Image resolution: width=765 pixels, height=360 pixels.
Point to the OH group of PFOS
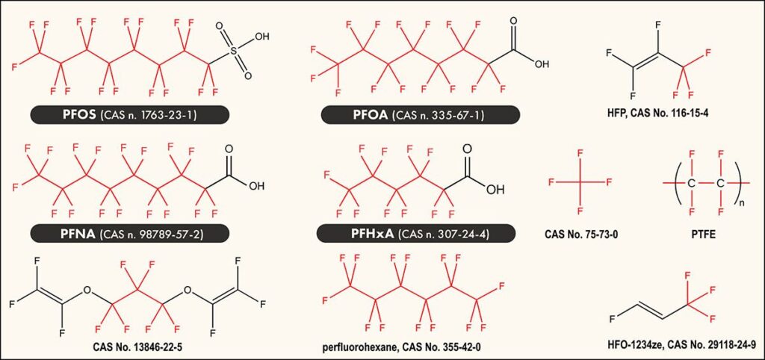(x=262, y=36)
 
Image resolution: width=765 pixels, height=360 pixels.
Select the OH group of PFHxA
(x=495, y=189)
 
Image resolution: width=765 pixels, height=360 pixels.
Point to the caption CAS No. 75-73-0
(x=580, y=234)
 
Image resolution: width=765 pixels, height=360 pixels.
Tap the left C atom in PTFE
(x=691, y=183)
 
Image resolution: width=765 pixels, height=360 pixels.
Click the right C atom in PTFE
(x=721, y=183)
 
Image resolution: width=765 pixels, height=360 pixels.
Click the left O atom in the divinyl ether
(x=87, y=291)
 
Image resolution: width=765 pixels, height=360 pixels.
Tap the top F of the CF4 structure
(x=580, y=154)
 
